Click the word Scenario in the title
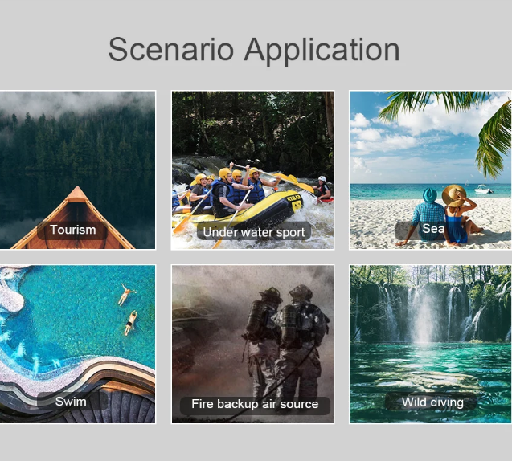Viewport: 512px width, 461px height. click(x=171, y=49)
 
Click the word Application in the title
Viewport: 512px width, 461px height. click(x=322, y=51)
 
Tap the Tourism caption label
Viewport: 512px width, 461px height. click(x=73, y=230)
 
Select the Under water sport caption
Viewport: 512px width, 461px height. click(x=254, y=232)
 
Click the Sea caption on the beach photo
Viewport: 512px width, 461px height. click(x=433, y=228)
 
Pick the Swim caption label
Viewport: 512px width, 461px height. click(x=71, y=402)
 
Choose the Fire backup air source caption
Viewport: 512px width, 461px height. click(x=255, y=404)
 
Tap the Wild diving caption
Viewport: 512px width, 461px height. click(x=432, y=402)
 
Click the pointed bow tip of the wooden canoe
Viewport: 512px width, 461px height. click(x=77, y=187)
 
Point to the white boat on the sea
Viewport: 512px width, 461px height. click(x=483, y=190)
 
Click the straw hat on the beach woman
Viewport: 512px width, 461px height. click(x=454, y=195)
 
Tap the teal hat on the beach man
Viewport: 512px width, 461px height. click(x=430, y=195)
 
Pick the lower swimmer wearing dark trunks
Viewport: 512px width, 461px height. click(x=130, y=323)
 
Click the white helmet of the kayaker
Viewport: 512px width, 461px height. click(x=322, y=179)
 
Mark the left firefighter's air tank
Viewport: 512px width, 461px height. click(x=255, y=316)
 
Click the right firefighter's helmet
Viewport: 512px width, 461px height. click(x=301, y=292)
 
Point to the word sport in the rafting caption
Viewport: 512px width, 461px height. click(x=291, y=233)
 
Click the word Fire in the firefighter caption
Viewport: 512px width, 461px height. click(x=203, y=404)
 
